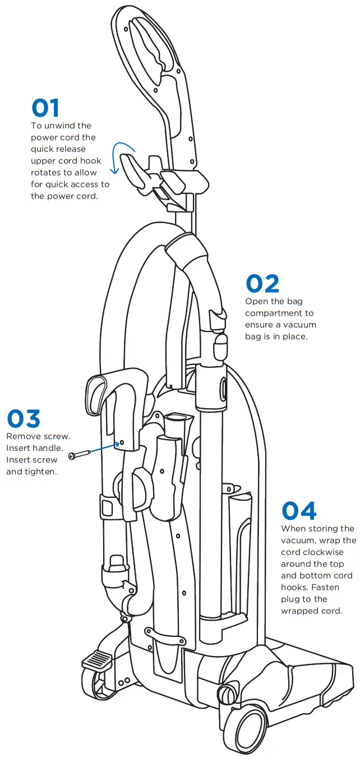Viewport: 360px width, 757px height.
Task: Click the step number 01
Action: tap(45, 108)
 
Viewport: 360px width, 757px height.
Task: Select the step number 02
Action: tap(262, 284)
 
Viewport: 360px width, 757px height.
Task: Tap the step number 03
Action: tap(24, 419)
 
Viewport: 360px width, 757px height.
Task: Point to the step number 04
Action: tap(299, 511)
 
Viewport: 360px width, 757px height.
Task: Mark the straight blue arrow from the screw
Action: tap(102, 449)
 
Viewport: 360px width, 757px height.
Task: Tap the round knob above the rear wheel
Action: tap(227, 695)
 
